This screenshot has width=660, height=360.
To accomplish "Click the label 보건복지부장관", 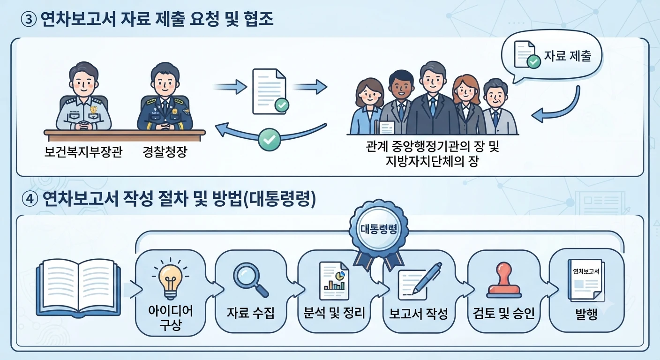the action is click(x=83, y=152).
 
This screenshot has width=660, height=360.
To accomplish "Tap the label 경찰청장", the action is click(x=165, y=152).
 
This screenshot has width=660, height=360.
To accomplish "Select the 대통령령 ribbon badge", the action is click(x=379, y=232).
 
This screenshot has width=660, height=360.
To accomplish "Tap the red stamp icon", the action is click(x=504, y=280).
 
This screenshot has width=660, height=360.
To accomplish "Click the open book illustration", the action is click(x=78, y=288).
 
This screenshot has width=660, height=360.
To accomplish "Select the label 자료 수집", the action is click(x=251, y=313).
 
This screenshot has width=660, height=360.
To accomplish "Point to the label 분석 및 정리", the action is click(x=334, y=313).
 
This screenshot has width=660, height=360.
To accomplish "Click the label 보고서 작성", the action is click(x=419, y=314).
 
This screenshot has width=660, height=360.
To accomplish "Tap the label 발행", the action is click(x=586, y=314).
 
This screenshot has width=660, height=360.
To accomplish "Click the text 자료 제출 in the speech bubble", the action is click(x=568, y=56).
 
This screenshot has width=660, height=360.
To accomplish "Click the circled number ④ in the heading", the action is click(x=30, y=200).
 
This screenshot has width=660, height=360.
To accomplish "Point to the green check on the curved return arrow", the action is click(x=270, y=140).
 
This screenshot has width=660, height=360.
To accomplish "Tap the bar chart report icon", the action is click(x=334, y=281).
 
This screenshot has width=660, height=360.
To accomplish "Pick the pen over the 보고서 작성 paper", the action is click(x=427, y=278).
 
